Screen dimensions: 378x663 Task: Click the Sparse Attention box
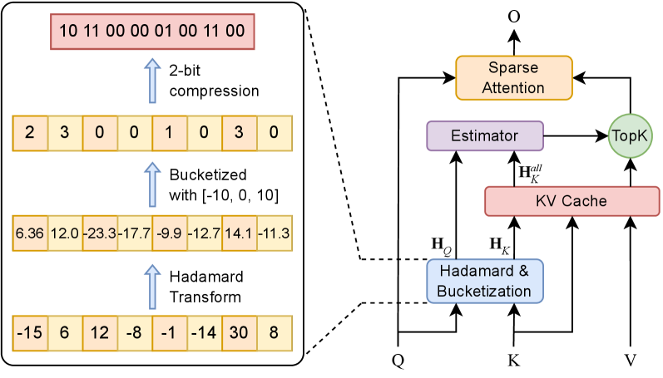click(x=514, y=77)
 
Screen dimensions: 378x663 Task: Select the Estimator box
click(x=484, y=135)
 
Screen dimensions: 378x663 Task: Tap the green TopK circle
click(x=630, y=135)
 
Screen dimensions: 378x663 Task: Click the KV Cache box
click(x=571, y=201)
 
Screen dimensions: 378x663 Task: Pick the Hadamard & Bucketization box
click(x=485, y=280)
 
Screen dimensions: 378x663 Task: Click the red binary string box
click(x=152, y=32)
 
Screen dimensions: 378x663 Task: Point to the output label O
click(x=514, y=14)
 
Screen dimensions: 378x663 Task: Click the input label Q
click(x=398, y=361)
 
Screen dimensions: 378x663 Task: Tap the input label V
click(x=630, y=361)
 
